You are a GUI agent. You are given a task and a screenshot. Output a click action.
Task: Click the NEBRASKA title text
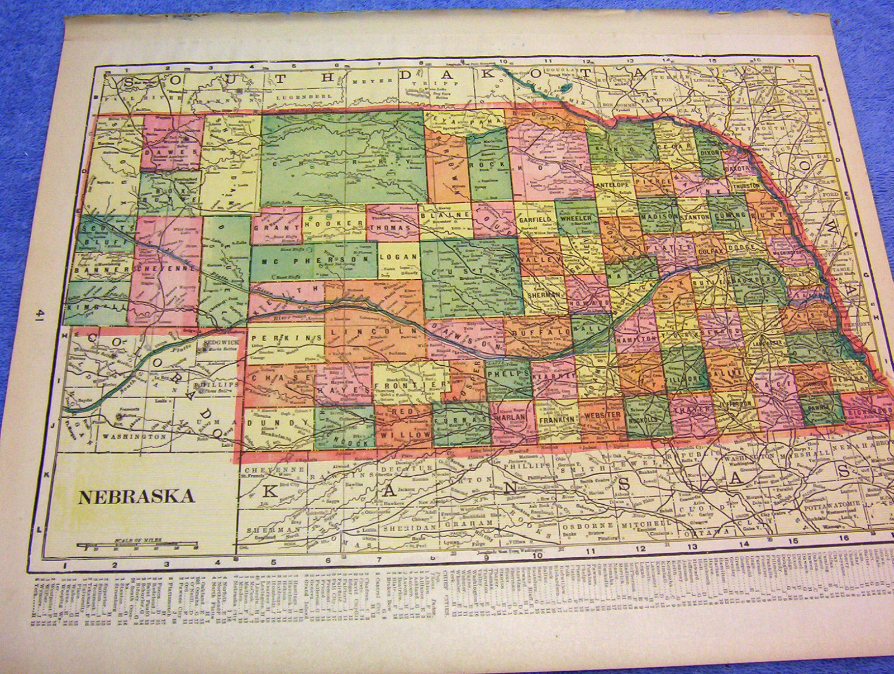click(136, 496)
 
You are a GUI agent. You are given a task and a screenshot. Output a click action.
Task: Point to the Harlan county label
click(508, 418)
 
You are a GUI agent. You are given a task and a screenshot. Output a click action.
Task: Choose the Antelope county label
click(614, 183)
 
